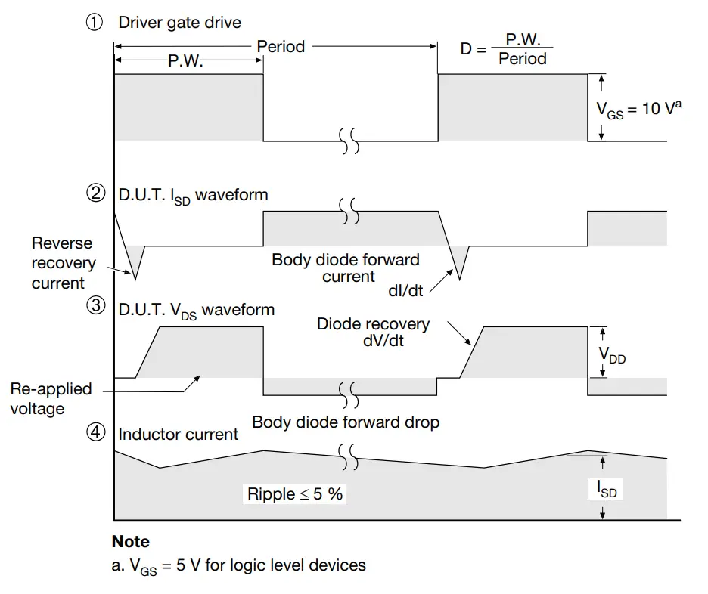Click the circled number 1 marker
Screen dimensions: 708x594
coord(95,22)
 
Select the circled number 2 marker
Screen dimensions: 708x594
coord(96,193)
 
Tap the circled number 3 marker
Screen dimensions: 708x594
coord(96,305)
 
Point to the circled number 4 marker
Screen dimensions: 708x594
coord(96,432)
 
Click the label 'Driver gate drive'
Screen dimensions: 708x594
coord(180,23)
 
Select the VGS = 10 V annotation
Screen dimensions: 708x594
coord(638,110)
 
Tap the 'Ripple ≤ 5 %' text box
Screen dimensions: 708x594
coord(294,494)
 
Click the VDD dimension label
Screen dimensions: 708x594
coord(612,354)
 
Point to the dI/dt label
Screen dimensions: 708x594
coord(405,291)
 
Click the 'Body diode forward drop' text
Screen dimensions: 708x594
coord(346,422)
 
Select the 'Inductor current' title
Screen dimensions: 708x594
coord(178,435)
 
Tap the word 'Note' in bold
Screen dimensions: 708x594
coord(131,541)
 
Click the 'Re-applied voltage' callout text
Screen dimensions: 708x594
coord(51,399)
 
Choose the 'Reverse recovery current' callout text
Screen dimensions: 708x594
coord(64,263)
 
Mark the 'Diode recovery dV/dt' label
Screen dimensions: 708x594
coord(373,332)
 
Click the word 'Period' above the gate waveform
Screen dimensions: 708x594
coord(281,46)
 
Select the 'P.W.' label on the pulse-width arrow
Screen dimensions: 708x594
coord(185,60)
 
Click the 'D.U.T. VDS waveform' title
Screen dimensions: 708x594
coord(197,311)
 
